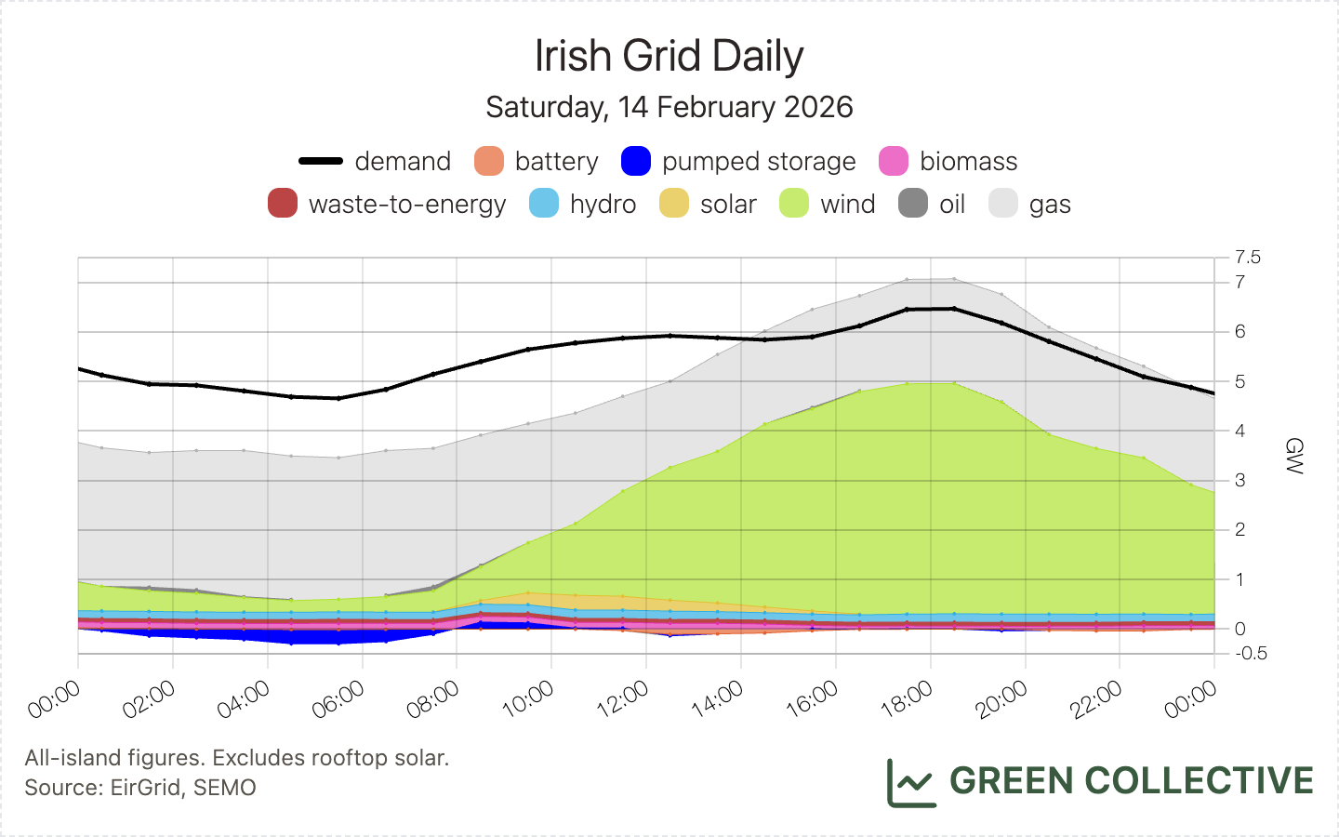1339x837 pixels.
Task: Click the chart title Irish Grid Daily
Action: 669,56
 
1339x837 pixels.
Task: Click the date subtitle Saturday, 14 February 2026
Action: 669,107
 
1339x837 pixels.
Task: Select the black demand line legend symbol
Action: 321,161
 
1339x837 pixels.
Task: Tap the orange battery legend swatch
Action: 489,161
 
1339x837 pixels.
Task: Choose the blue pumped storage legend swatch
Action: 636,161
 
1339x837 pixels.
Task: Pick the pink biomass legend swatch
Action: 894,161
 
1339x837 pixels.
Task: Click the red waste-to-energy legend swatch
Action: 283,204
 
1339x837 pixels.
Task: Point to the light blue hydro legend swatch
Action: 544,204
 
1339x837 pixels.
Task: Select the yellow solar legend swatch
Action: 674,204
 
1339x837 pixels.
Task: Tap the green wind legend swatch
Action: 794,204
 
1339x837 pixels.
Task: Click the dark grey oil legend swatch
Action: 913,204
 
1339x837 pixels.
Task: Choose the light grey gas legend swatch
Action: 1003,204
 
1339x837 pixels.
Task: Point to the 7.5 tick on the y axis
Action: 1248,257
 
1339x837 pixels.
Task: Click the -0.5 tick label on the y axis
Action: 1251,653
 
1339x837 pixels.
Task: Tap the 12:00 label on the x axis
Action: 623,699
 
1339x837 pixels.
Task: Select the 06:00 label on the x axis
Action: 338,699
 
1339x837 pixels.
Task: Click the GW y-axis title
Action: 1293,456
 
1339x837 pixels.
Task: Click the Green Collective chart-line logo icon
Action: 910,782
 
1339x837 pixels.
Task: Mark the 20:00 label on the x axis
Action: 1002,699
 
